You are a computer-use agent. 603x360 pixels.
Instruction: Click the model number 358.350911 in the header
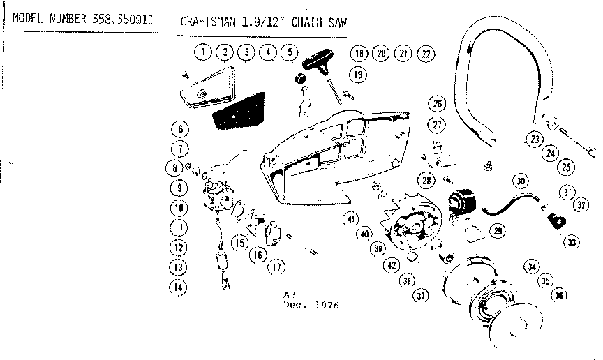[x=123, y=19]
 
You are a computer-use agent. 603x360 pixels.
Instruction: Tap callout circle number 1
[x=202, y=52]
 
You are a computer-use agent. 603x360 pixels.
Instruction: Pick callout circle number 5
[x=289, y=52]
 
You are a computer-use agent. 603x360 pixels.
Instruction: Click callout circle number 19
[x=357, y=74]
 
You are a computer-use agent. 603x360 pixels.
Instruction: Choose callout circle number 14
[x=179, y=285]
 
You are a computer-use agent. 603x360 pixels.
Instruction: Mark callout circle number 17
[x=277, y=266]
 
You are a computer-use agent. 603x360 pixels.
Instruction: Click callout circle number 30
[x=520, y=181]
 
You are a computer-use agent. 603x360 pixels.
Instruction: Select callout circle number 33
[x=572, y=243]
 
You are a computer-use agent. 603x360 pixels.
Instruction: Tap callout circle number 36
[x=558, y=294]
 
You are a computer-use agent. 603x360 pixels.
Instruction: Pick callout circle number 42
[x=391, y=265]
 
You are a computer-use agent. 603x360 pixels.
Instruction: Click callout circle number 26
[x=437, y=104]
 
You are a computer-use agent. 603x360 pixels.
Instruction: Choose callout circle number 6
[x=179, y=129]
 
